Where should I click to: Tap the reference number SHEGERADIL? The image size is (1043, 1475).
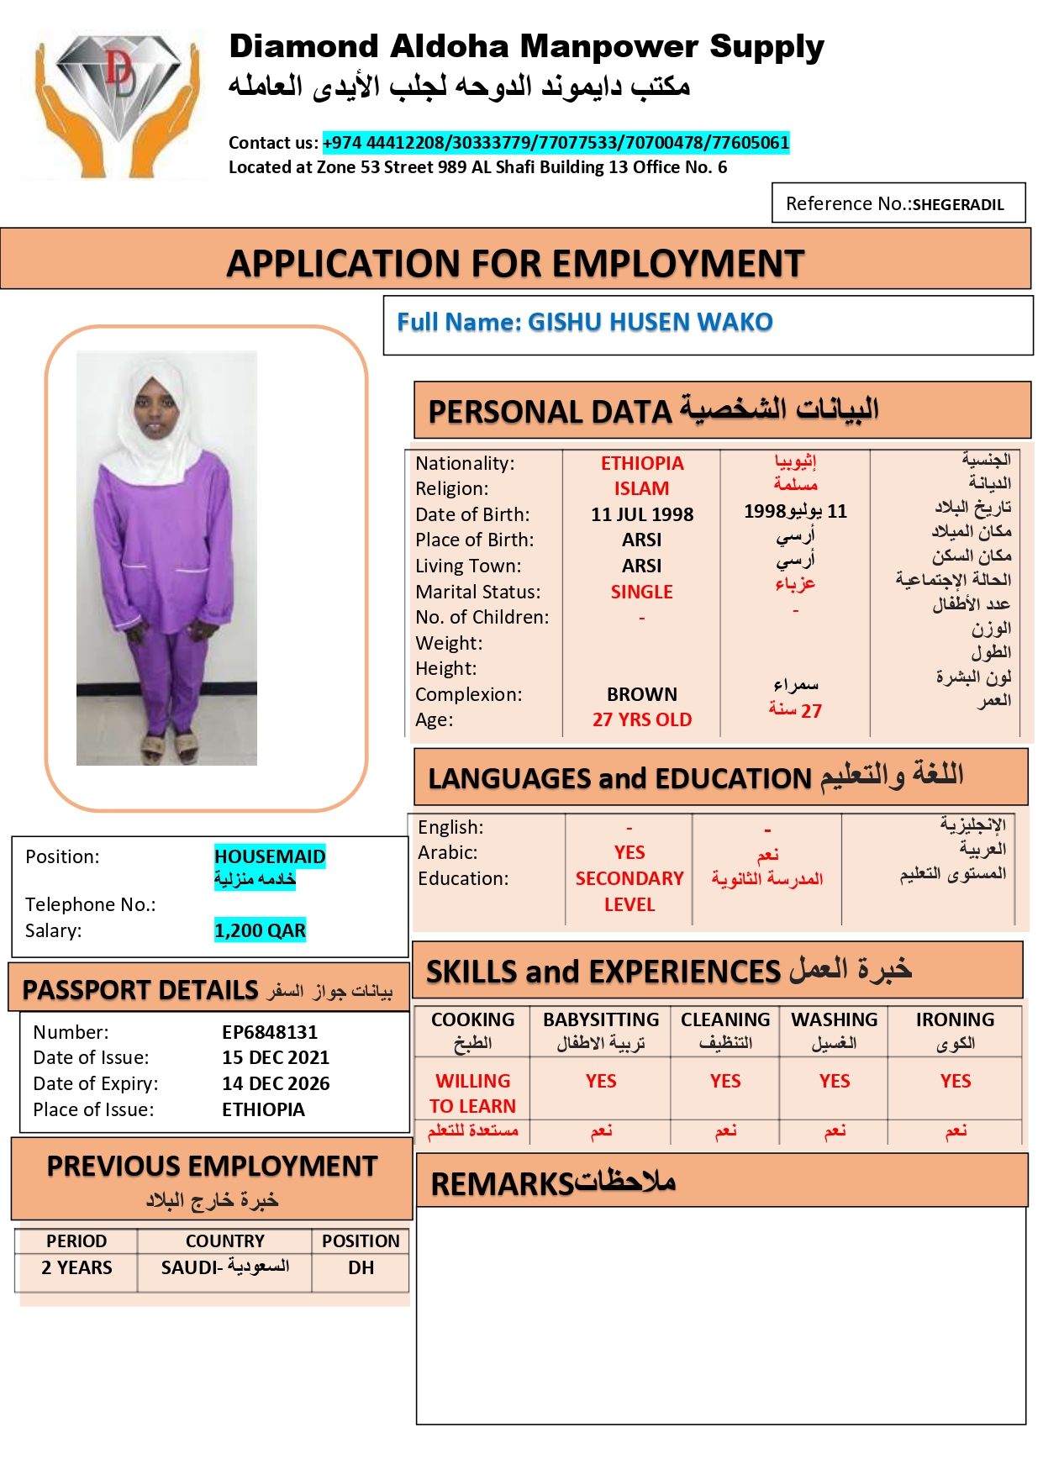pos(958,204)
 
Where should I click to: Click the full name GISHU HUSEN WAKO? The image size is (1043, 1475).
pos(650,322)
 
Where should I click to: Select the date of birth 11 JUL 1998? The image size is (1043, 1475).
pos(642,514)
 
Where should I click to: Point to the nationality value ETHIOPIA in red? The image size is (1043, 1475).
pos(642,463)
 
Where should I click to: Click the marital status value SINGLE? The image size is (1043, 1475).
pos(641,592)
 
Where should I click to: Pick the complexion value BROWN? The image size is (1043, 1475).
pos(642,694)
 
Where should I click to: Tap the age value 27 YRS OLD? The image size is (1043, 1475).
pos(642,719)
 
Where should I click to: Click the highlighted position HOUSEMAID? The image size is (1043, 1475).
pos(270,856)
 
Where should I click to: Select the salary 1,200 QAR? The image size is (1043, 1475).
pos(260,930)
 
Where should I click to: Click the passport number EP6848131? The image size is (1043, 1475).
pos(270,1032)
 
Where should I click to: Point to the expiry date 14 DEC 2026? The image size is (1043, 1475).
pos(276,1083)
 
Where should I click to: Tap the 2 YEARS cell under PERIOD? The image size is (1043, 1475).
pos(76,1267)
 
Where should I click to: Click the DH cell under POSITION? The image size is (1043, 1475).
pos(361,1267)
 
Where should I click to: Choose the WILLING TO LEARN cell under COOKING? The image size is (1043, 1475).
pos(472,1093)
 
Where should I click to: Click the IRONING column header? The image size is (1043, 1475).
pos(955,1020)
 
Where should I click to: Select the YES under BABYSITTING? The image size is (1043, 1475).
pos(601,1081)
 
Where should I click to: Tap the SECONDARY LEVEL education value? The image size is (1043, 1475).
pos(629,891)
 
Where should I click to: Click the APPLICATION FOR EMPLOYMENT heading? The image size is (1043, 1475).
pos(515,263)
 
